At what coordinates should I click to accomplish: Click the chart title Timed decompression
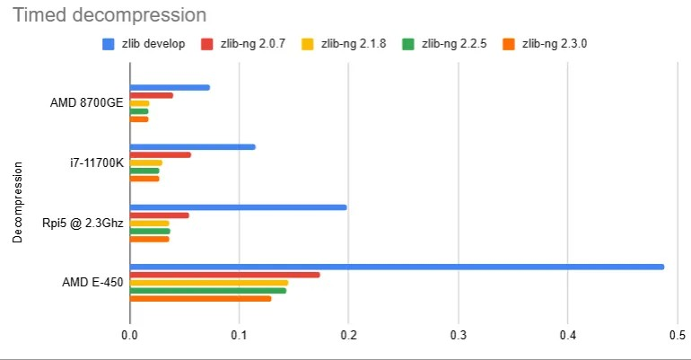[109, 15]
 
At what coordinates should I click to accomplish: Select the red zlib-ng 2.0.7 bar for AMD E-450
[224, 275]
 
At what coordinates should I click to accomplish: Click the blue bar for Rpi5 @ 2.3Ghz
[238, 207]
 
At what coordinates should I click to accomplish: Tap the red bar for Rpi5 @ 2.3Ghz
[160, 215]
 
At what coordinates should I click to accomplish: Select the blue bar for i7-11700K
[192, 146]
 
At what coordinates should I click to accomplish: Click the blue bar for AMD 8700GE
[170, 87]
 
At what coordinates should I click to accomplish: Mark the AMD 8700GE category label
[86, 103]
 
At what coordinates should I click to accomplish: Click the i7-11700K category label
[96, 162]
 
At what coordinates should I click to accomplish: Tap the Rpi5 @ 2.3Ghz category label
[82, 223]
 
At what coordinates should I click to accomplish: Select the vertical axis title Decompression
[17, 201]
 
